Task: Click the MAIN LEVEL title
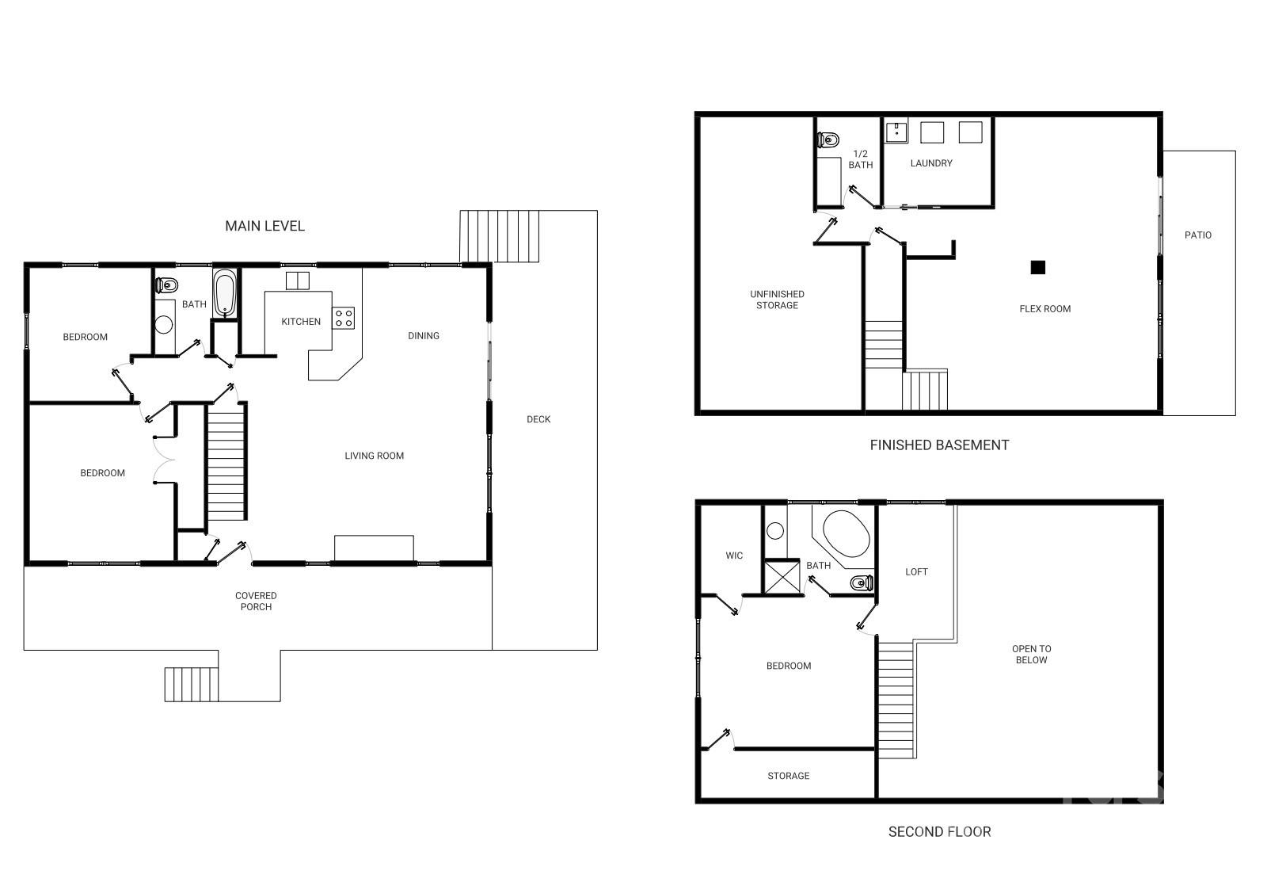coord(264,226)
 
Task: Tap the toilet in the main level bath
coord(166,285)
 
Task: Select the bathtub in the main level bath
coord(225,293)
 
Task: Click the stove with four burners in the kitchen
coord(344,319)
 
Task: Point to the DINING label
coord(424,336)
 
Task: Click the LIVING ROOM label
coord(374,456)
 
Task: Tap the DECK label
coord(538,419)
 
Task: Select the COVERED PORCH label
coord(256,601)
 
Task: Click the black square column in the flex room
coord(1037,268)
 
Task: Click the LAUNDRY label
coord(931,163)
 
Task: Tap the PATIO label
coord(1197,235)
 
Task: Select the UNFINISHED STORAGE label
coord(777,300)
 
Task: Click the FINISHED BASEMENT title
coord(939,445)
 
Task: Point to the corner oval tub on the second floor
coord(847,533)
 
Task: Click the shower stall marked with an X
coord(781,576)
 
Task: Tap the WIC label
coord(734,556)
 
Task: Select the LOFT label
coord(916,571)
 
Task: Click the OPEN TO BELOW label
coord(1031,655)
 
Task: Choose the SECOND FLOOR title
coord(939,832)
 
